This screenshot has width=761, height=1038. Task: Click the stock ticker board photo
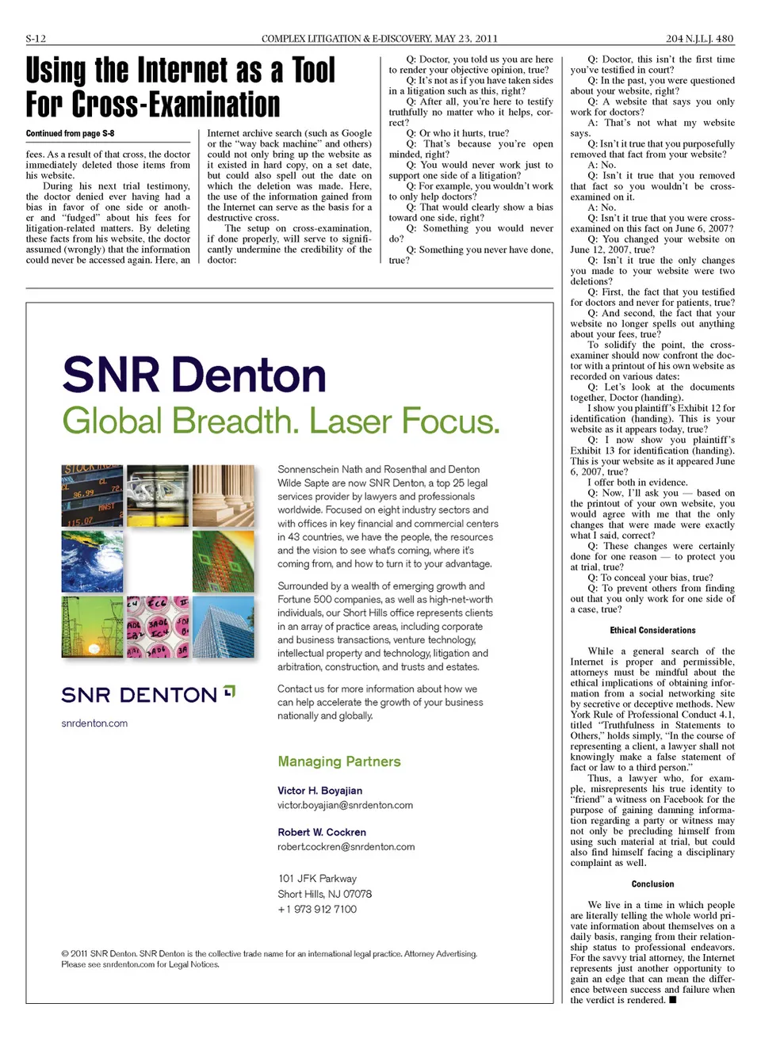(x=92, y=495)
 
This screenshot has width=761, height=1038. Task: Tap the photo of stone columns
(x=223, y=495)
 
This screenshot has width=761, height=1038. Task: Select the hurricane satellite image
(x=92, y=561)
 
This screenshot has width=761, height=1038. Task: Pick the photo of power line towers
(x=92, y=627)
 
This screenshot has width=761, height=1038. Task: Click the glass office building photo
(x=223, y=627)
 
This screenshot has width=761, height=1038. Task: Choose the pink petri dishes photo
(x=158, y=627)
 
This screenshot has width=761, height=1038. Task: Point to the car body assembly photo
(x=158, y=495)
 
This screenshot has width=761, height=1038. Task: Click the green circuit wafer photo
(x=223, y=561)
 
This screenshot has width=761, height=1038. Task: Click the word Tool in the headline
(x=314, y=71)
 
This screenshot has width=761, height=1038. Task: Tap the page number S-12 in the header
(x=36, y=38)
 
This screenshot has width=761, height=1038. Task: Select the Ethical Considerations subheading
(x=652, y=631)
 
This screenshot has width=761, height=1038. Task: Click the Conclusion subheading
(x=652, y=884)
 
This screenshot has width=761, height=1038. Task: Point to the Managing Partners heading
(x=339, y=761)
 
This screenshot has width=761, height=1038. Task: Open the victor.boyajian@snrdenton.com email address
(x=345, y=805)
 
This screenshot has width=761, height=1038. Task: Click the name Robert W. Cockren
(x=322, y=832)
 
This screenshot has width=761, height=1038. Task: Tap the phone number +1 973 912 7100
(x=317, y=909)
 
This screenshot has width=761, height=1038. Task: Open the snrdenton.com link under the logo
(x=94, y=723)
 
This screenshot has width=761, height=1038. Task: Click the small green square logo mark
(x=229, y=691)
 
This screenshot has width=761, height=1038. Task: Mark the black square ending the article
(x=672, y=1000)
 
